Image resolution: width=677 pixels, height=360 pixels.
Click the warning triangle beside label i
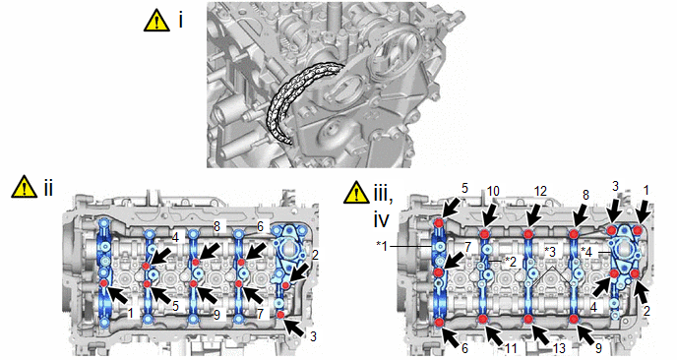click(157, 22)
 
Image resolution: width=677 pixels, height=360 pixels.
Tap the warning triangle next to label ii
click(25, 187)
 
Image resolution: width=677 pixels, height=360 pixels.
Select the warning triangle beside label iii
click(356, 192)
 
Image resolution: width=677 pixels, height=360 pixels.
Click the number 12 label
click(539, 191)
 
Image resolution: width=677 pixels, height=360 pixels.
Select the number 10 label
click(493, 191)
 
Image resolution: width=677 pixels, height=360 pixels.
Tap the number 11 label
click(510, 347)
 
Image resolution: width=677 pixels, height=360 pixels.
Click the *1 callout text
click(384, 245)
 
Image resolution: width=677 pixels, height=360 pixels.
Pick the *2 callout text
click(512, 262)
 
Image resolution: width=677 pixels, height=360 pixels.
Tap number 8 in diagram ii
click(217, 226)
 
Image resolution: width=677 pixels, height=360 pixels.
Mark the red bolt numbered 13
click(528, 320)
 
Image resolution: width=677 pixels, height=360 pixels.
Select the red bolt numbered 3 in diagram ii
click(281, 315)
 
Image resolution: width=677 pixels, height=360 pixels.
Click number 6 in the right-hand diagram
click(464, 348)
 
